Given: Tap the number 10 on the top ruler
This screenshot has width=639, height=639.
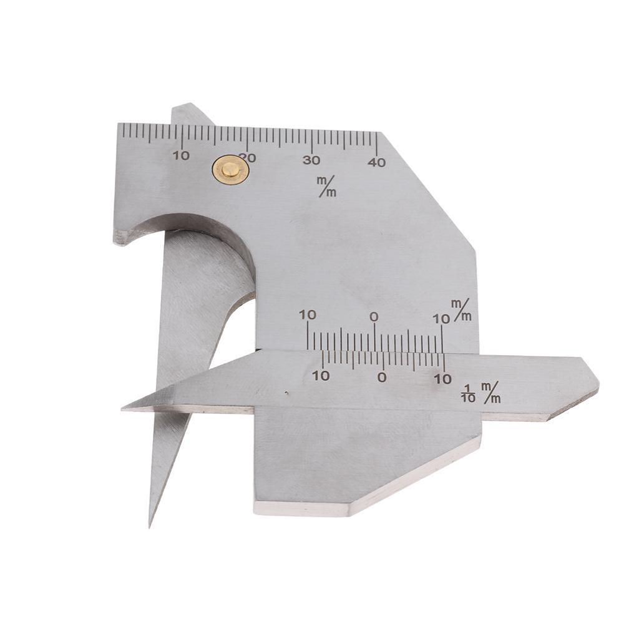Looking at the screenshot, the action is (x=182, y=155).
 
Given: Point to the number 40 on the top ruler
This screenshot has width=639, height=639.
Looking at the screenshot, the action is (x=376, y=162).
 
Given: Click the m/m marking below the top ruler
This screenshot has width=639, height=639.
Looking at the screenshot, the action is (x=327, y=186).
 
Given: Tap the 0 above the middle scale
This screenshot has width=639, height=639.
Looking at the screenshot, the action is (x=374, y=316).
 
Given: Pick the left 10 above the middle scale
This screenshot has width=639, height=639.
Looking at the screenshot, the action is (x=307, y=315).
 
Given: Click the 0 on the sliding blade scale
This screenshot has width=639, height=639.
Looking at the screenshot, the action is (x=381, y=377).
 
